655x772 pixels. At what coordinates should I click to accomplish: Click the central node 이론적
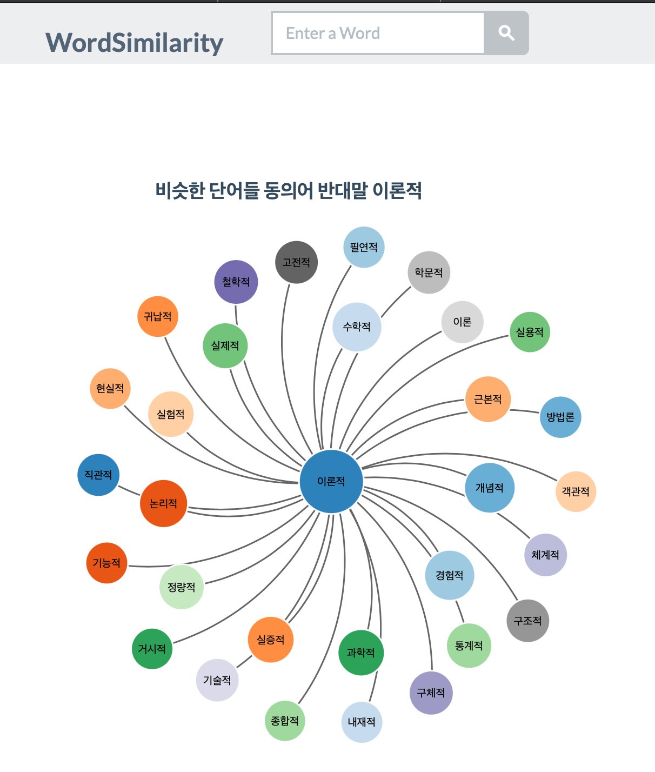(331, 481)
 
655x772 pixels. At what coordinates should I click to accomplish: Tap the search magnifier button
(506, 33)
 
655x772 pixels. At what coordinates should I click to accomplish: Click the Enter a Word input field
(378, 33)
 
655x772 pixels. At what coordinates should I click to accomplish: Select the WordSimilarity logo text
(134, 43)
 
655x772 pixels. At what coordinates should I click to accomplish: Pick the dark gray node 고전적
(296, 262)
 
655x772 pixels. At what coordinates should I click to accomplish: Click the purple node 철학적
(236, 282)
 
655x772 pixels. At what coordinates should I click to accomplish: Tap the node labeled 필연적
(364, 247)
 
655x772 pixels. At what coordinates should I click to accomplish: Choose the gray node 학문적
(429, 272)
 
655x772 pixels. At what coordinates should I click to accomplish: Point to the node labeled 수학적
(357, 327)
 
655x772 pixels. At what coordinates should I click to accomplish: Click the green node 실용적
(530, 332)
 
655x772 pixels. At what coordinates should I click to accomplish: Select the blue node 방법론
(560, 417)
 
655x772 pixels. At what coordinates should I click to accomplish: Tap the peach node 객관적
(576, 491)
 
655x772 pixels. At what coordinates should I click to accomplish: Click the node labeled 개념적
(490, 488)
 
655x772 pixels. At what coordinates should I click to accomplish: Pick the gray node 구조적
(528, 621)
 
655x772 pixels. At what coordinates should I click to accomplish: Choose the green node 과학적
(361, 653)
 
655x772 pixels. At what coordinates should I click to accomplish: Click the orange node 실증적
(271, 640)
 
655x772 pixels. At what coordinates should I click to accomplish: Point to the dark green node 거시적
(152, 648)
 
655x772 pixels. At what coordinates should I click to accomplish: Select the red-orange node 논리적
(163, 503)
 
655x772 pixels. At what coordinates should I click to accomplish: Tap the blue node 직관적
(98, 475)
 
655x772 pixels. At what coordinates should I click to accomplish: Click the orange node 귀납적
(158, 316)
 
